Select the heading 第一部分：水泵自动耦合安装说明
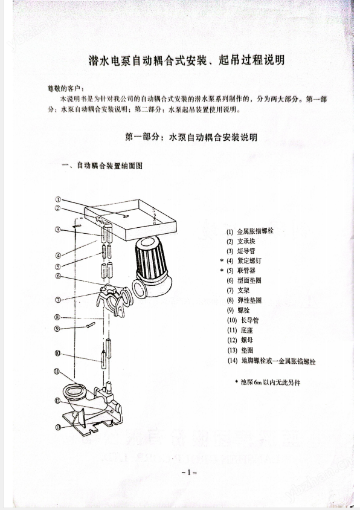coord(191,137)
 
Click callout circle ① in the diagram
coord(58,199)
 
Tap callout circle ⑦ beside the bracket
coord(58,300)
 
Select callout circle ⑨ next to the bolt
coord(58,329)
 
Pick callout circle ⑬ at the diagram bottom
coord(58,427)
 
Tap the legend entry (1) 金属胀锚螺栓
coord(254,231)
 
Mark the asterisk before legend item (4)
coord(222,261)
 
